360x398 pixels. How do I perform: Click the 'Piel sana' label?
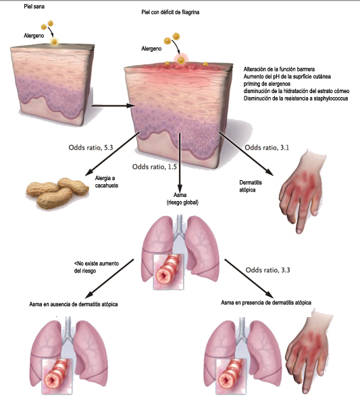coord(34,7)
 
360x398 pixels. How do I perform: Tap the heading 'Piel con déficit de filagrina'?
coord(170,12)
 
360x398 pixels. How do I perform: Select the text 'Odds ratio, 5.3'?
coord(91,148)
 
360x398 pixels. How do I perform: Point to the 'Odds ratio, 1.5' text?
coord(155,167)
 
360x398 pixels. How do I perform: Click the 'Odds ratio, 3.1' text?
coord(267,148)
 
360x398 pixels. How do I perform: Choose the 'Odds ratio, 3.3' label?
coord(267,270)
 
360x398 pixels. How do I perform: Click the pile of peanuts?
coord(57,193)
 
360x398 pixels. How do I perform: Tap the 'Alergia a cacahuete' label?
coord(107,182)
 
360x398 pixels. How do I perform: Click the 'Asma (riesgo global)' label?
coord(182,199)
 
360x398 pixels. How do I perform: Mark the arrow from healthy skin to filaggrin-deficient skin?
coord(113,106)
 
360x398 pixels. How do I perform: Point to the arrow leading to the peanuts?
coord(112,154)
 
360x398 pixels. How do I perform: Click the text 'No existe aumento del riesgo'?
coord(97,267)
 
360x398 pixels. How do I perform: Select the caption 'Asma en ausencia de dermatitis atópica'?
coord(74,304)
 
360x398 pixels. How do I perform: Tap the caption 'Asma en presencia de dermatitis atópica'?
coord(266,303)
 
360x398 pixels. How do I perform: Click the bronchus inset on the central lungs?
coord(168,272)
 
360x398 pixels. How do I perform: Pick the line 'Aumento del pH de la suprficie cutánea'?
coord(287,76)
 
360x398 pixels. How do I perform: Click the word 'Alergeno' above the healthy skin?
coord(34,36)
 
